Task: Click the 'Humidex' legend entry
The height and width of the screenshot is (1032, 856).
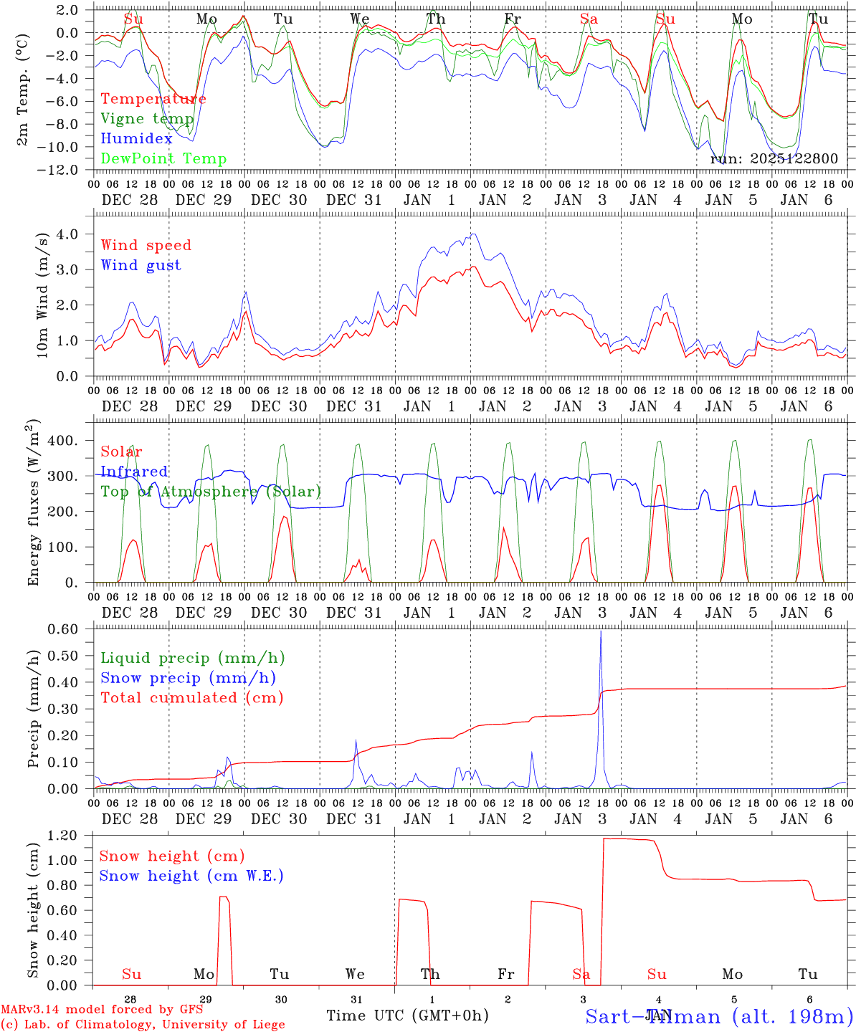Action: (x=136, y=139)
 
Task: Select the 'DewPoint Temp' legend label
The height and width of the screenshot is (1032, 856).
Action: (x=163, y=159)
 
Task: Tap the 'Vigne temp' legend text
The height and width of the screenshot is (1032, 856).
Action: (x=147, y=119)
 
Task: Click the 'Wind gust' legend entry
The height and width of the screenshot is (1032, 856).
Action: (x=141, y=265)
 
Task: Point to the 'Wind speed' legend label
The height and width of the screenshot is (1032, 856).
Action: (x=146, y=245)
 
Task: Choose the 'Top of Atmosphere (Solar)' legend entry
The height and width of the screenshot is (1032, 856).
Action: (x=211, y=492)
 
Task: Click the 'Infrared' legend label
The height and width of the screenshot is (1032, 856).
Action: (x=134, y=472)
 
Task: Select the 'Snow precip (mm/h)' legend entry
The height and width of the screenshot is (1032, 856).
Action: (x=189, y=678)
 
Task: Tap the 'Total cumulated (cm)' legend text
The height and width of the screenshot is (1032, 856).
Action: (x=192, y=698)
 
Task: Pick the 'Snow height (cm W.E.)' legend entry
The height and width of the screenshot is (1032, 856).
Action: (x=191, y=876)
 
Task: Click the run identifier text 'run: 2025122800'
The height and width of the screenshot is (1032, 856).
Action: (x=774, y=159)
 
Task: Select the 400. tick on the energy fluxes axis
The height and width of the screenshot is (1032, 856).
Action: (x=62, y=440)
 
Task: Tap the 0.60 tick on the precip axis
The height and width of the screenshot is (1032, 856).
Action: (x=62, y=629)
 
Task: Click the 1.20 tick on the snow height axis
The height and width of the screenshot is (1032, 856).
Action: (x=62, y=836)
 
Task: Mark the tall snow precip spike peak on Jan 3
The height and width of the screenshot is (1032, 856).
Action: (x=601, y=631)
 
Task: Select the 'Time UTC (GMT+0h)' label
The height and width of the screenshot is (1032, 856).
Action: (x=407, y=1016)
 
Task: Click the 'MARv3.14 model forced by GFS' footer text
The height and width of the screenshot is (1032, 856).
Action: (x=101, y=1010)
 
